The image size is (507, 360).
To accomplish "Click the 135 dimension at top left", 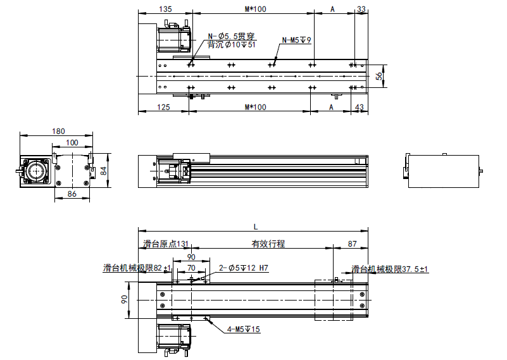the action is pyautogui.click(x=165, y=9).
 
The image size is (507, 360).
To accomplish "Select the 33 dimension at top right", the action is pyautogui.click(x=361, y=9).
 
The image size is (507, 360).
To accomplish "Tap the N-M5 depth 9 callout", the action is pyautogui.click(x=296, y=40).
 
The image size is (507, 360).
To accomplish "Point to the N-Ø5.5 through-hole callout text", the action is pyautogui.click(x=231, y=36).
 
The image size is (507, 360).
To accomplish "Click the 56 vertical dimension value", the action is pyautogui.click(x=379, y=76).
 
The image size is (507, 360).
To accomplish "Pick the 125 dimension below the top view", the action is pyautogui.click(x=163, y=107).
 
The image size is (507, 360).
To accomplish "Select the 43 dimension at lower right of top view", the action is pyautogui.click(x=360, y=107).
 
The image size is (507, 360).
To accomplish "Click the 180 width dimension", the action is pyautogui.click(x=58, y=131).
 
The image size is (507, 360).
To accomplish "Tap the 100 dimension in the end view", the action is pyautogui.click(x=72, y=142).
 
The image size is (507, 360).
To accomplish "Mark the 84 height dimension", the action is pyautogui.click(x=103, y=171).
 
